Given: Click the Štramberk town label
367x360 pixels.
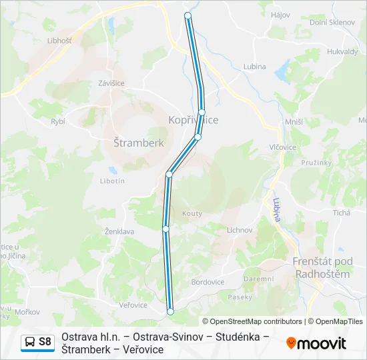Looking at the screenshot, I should [x=139, y=143].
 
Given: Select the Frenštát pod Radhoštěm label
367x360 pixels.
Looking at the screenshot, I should [x=322, y=268].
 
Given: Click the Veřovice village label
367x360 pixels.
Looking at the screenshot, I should [x=133, y=305].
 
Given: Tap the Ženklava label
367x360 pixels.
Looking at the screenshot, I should [x=101, y=231].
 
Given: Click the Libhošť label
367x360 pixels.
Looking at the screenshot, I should [x=59, y=41].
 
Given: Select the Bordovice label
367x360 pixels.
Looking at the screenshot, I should [x=208, y=282].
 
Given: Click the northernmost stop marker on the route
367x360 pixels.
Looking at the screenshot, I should [x=188, y=15].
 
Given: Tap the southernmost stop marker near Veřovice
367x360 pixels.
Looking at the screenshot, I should [x=170, y=311].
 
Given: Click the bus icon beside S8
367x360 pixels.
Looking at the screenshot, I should [x=30, y=343].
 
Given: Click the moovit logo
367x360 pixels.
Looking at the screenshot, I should [x=316, y=343].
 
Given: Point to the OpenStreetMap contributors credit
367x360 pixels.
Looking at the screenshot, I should [x=252, y=321].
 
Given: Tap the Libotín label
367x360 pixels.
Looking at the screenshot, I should [x=111, y=181].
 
